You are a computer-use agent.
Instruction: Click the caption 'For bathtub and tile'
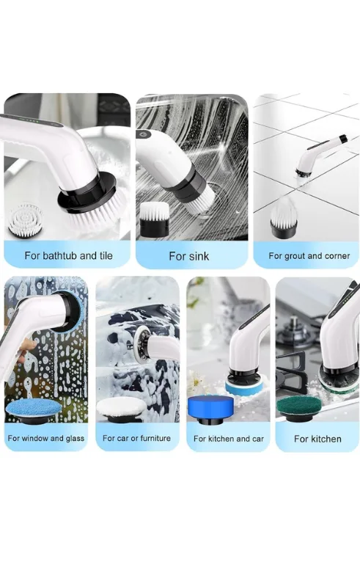[x=69, y=255]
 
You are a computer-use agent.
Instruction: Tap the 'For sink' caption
[x=189, y=256]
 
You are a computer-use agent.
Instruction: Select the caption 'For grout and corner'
[x=309, y=255]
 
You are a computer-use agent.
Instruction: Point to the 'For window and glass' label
[x=46, y=438]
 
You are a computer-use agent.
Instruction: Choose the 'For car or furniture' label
[x=136, y=438]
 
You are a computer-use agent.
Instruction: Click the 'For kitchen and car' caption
[x=229, y=439]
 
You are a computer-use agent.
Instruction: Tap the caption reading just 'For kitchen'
[x=317, y=439]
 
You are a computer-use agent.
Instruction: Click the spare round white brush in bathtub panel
[x=26, y=219]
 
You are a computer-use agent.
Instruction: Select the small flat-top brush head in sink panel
[x=155, y=219]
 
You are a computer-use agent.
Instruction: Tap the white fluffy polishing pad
[x=122, y=408]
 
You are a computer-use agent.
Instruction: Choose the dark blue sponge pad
[x=210, y=409]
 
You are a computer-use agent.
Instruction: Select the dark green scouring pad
[x=298, y=407]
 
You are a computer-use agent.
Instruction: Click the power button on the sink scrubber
[x=144, y=134]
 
